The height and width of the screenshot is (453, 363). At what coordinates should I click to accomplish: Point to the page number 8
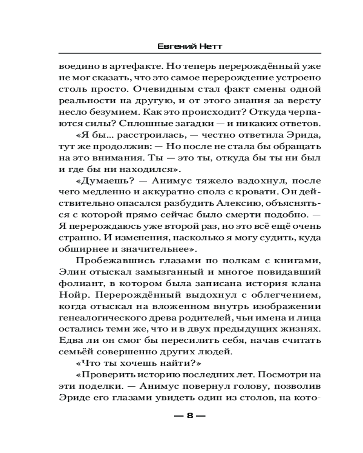(x=190, y=415)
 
